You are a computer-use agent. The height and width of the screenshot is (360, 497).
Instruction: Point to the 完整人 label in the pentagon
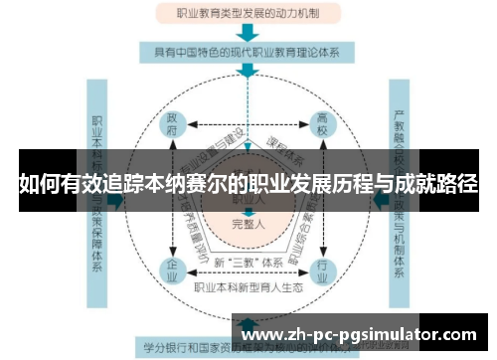point(248,223)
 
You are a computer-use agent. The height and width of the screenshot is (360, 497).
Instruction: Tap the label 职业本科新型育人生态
point(248,288)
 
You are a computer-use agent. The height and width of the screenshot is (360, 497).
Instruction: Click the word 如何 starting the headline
point(37,184)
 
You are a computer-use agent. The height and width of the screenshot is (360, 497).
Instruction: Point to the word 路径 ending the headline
point(457,184)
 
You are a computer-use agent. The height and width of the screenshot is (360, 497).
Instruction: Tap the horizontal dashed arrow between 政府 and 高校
point(248,126)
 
